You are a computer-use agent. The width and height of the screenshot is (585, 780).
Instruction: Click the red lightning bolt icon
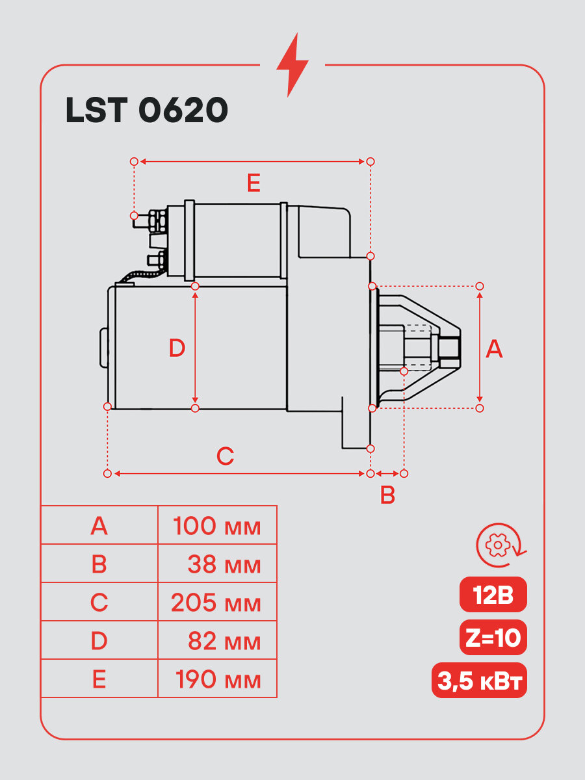click(292, 65)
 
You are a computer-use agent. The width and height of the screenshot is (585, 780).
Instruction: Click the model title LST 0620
click(147, 110)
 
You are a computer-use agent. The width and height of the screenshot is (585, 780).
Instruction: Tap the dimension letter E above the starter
click(253, 183)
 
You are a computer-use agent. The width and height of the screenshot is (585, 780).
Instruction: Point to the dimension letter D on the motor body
click(177, 348)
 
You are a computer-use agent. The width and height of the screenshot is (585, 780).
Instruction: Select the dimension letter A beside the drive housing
click(494, 348)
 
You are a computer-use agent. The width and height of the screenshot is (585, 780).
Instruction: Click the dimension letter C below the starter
click(225, 456)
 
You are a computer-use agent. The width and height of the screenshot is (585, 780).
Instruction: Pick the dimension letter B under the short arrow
click(387, 495)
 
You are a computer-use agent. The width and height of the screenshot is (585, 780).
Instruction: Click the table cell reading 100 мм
click(217, 526)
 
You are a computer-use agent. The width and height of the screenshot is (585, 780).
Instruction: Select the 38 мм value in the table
click(224, 564)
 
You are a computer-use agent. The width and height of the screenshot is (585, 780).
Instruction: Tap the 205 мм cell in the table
click(216, 603)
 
